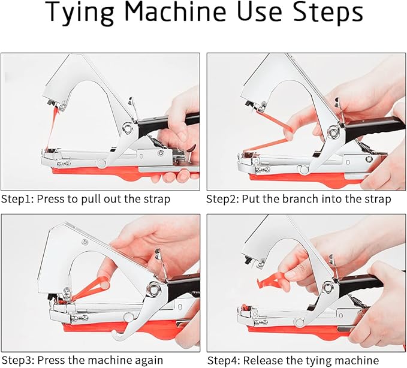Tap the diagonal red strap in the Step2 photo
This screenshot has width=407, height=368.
269,143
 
